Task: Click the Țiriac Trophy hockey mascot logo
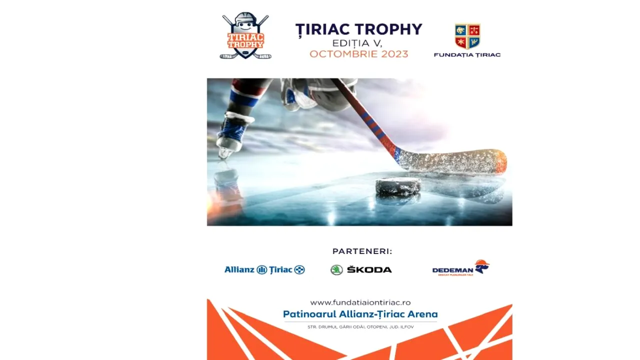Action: (245, 36)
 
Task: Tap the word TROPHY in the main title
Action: (390, 29)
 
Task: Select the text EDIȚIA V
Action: (357, 43)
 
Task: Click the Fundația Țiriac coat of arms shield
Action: (467, 36)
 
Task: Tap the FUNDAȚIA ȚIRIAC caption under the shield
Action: (467, 54)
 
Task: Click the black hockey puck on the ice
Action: (398, 186)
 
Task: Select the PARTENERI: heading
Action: (362, 251)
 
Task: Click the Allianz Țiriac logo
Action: (264, 270)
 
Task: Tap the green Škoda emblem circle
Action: (336, 270)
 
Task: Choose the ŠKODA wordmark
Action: (369, 270)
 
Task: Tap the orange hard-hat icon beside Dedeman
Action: (482, 265)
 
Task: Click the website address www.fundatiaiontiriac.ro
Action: (360, 302)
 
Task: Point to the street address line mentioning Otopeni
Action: (360, 327)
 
